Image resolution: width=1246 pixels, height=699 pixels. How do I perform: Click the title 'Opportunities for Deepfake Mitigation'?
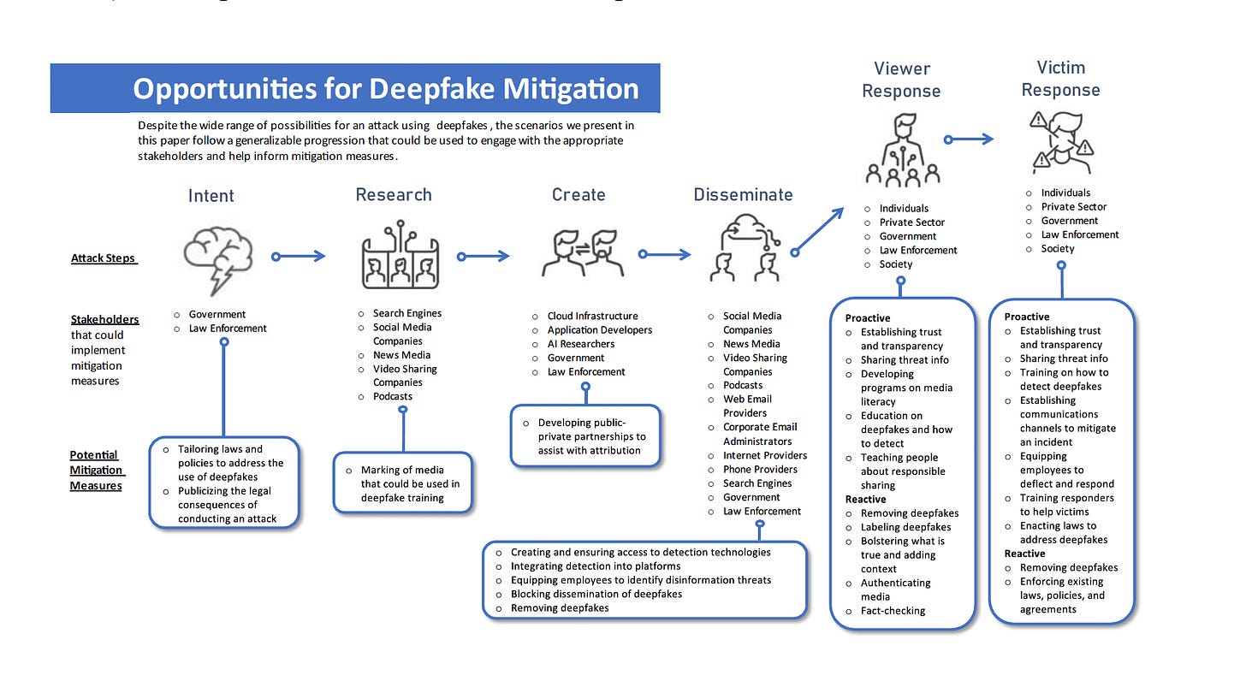click(385, 89)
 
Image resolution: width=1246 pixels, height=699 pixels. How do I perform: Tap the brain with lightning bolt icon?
click(219, 254)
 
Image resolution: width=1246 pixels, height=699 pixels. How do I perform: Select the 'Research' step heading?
click(394, 195)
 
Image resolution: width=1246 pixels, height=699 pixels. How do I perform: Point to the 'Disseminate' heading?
click(743, 195)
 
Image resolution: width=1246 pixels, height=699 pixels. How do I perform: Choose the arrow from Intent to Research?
click(299, 256)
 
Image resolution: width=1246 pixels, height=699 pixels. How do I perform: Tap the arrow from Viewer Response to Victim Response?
click(970, 139)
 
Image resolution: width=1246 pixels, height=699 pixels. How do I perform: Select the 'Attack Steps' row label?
click(104, 258)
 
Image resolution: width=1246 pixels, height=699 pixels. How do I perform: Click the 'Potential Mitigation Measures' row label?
click(96, 471)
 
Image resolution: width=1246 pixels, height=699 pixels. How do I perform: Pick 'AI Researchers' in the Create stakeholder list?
click(580, 344)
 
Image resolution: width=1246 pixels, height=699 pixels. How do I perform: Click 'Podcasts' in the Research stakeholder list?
click(392, 396)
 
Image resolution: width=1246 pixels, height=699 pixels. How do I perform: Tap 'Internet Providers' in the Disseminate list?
click(764, 455)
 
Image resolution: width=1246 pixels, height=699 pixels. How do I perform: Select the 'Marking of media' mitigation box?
click(402, 483)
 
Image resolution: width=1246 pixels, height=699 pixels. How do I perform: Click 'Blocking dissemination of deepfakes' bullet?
click(596, 594)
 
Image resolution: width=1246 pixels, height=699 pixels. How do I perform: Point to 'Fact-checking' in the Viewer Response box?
click(893, 611)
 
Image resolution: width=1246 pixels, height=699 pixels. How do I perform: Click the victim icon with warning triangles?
click(1061, 141)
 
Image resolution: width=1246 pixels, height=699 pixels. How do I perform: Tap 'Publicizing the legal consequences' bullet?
click(226, 505)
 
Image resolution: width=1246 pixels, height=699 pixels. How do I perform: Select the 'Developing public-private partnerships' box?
click(585, 436)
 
